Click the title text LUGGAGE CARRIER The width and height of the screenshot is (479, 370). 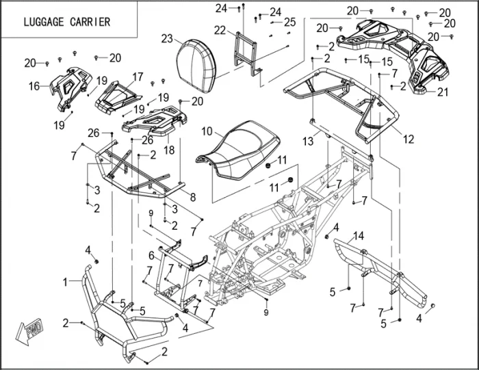[66, 22]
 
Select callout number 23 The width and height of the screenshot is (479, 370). [168, 39]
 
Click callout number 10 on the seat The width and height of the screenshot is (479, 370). [207, 130]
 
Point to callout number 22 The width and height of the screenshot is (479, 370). [219, 30]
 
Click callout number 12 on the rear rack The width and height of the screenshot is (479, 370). [409, 139]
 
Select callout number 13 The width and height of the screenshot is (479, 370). [308, 141]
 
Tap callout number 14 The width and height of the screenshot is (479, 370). [358, 237]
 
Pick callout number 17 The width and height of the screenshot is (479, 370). [138, 77]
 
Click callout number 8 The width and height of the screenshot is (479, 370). [194, 197]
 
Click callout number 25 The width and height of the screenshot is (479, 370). [290, 23]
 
